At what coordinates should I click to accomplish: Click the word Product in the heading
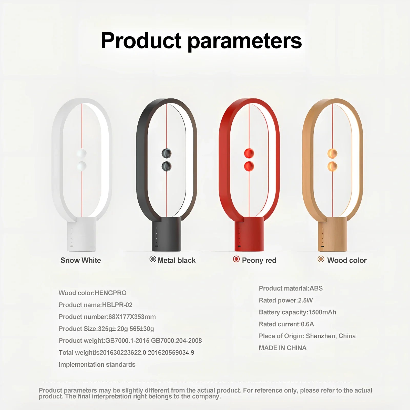[141, 40]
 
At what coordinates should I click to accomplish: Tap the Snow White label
[81, 260]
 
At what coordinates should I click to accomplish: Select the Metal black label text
[177, 260]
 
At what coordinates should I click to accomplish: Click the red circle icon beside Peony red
[236, 259]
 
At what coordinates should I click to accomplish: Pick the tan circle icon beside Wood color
[321, 259]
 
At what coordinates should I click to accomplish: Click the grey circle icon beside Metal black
[153, 259]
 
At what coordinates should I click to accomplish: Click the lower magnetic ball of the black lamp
[167, 166]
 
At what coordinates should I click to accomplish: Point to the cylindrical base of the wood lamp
[332, 234]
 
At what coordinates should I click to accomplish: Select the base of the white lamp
[82, 234]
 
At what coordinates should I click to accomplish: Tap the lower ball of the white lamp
[82, 166]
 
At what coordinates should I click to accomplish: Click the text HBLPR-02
[117, 305]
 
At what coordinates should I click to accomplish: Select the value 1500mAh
[322, 312]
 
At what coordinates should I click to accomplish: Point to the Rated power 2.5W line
[286, 300]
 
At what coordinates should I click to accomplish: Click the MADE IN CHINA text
[283, 348]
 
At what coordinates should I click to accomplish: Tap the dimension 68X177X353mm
[132, 317]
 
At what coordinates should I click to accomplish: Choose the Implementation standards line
[97, 365]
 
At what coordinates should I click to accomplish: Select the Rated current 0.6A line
[286, 324]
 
